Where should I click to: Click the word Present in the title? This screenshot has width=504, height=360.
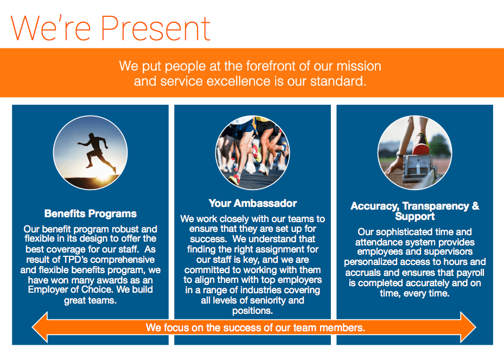[156, 28]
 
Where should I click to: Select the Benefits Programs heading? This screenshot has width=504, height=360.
[90, 213]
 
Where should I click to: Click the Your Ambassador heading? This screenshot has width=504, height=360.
[252, 203]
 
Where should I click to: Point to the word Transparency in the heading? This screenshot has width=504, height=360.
[436, 206]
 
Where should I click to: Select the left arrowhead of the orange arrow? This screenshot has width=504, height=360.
[40, 327]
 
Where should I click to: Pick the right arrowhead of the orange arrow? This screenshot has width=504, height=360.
[468, 327]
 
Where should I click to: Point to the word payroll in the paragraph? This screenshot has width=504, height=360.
[470, 273]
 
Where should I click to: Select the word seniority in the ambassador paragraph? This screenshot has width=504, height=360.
[269, 300]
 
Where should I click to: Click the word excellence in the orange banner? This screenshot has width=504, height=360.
[239, 81]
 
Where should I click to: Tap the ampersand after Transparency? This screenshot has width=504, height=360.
[475, 206]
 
